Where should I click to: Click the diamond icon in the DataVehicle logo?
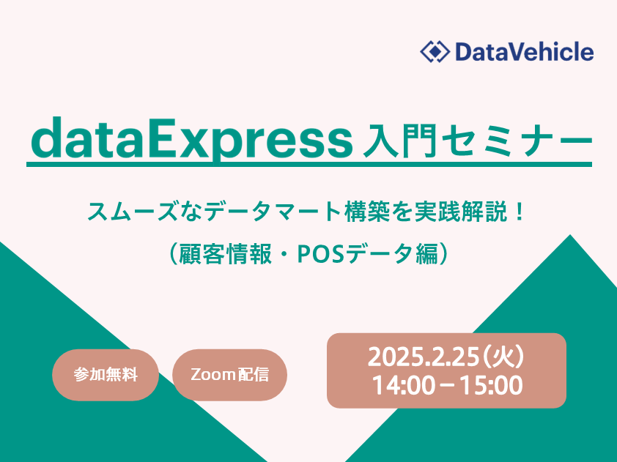coord(435,51)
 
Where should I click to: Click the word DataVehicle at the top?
coord(525,52)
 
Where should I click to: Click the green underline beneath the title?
coord(309,164)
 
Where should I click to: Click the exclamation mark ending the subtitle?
coord(520,212)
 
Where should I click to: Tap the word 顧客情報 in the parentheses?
coord(225,254)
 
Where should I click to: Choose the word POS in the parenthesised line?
coord(321,254)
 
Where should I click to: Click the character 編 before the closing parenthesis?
coord(427,254)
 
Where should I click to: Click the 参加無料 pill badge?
coord(106,375)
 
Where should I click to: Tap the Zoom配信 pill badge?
coord(230,375)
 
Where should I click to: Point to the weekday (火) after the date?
coord(503,357)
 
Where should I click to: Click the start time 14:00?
coord(403,386)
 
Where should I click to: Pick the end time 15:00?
coord(491,386)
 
